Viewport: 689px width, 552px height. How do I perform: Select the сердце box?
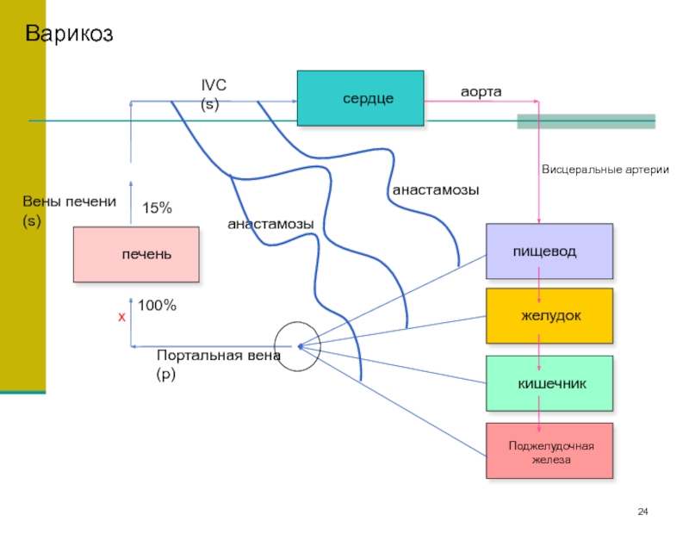coord(360,99)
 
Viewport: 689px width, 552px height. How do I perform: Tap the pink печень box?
coord(136,255)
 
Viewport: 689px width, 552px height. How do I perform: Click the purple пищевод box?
coord(549,251)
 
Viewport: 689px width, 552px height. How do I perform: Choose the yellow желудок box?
coord(549,316)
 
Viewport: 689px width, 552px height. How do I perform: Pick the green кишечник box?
coord(549,382)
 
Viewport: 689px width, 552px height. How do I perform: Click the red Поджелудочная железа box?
coord(549,451)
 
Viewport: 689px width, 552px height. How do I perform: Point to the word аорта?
coord(481,91)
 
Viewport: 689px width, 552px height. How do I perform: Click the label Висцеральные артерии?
coord(605,170)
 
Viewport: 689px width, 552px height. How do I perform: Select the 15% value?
coord(157,208)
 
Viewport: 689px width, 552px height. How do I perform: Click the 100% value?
coord(157,306)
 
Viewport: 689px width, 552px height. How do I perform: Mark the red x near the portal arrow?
coord(121,318)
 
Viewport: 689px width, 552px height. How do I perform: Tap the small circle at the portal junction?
coord(298,347)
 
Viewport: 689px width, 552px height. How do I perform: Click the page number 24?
coord(642,513)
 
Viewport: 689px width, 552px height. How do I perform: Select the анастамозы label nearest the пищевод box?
coord(435,189)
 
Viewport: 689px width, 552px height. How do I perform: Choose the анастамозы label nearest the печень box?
coord(270,224)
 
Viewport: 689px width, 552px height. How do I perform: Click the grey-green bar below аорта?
coord(586,121)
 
